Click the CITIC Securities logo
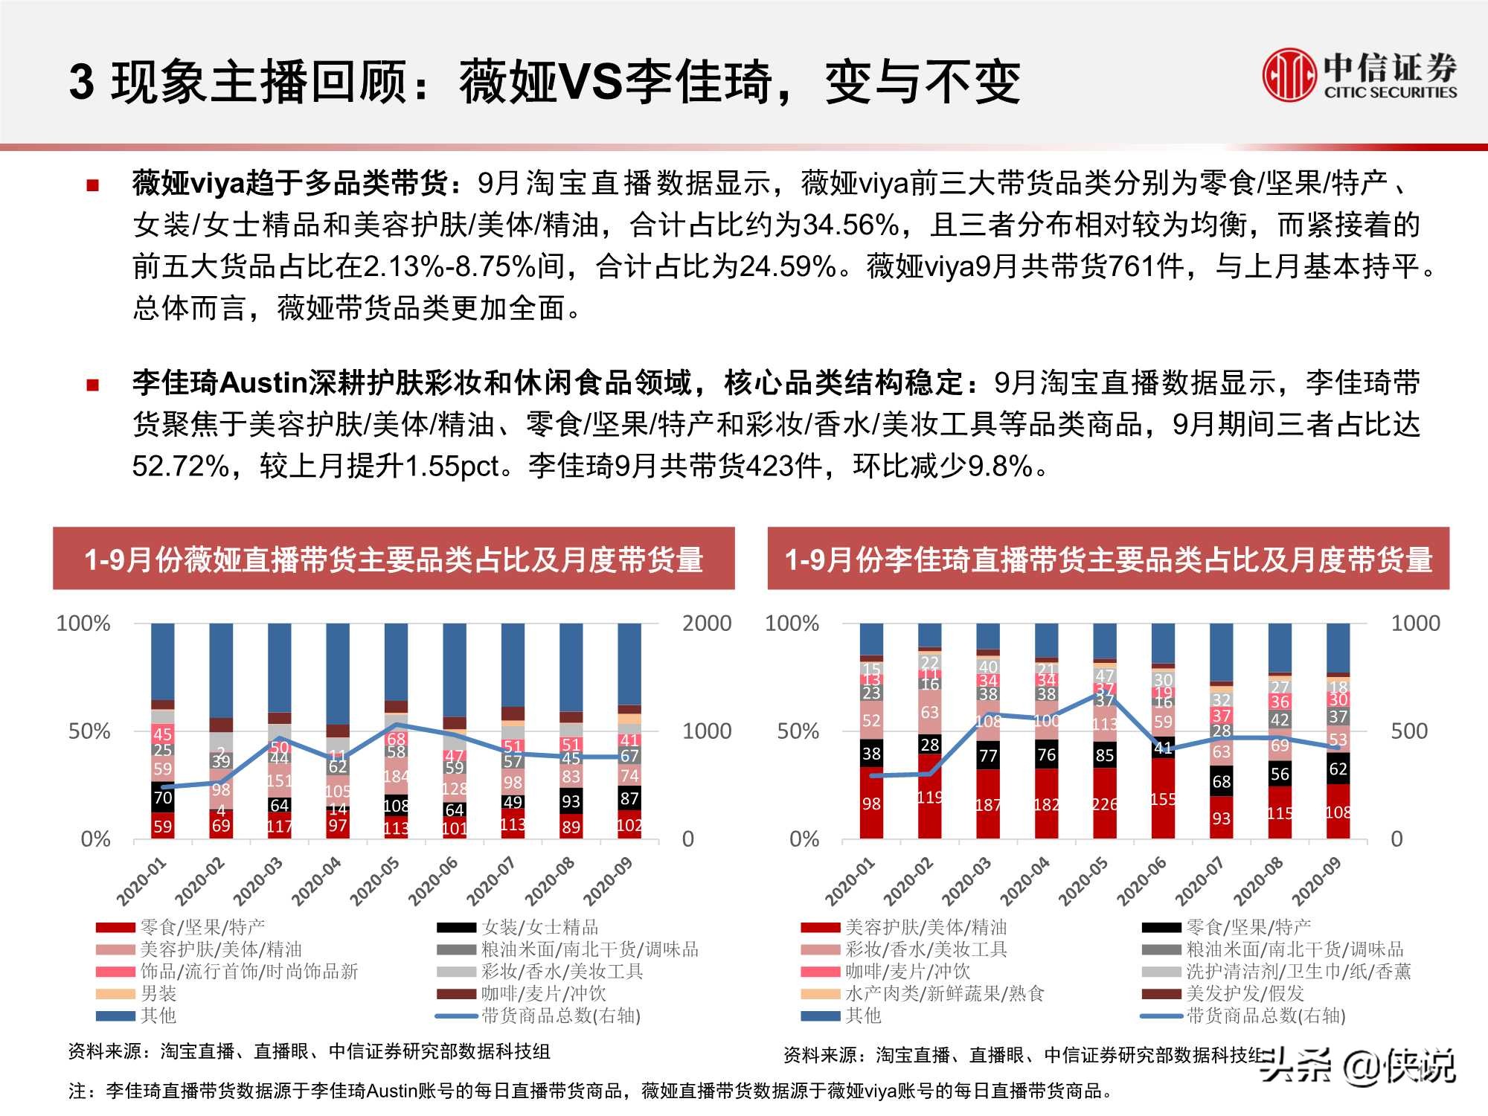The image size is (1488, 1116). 1359,74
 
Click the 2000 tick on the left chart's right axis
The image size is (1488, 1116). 706,623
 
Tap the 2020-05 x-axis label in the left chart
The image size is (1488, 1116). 375,881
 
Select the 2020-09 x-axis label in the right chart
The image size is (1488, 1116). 1316,881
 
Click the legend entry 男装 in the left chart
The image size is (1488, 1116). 158,993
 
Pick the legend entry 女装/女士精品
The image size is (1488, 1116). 539,927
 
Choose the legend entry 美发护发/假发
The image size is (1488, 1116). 1245,993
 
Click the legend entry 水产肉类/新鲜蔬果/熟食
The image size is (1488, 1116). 944,993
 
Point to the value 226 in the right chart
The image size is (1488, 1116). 1105,804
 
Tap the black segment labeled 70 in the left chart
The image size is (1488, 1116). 163,798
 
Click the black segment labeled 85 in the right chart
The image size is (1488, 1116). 1105,755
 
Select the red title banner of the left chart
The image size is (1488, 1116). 394,559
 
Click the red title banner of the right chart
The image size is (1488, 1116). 1108,559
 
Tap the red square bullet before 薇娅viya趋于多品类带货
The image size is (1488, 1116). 93,185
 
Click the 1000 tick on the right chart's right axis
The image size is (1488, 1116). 1415,623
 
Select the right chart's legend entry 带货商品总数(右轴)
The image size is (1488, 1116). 1265,1016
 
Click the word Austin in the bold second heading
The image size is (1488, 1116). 263,383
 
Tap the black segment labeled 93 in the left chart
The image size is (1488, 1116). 571,801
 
